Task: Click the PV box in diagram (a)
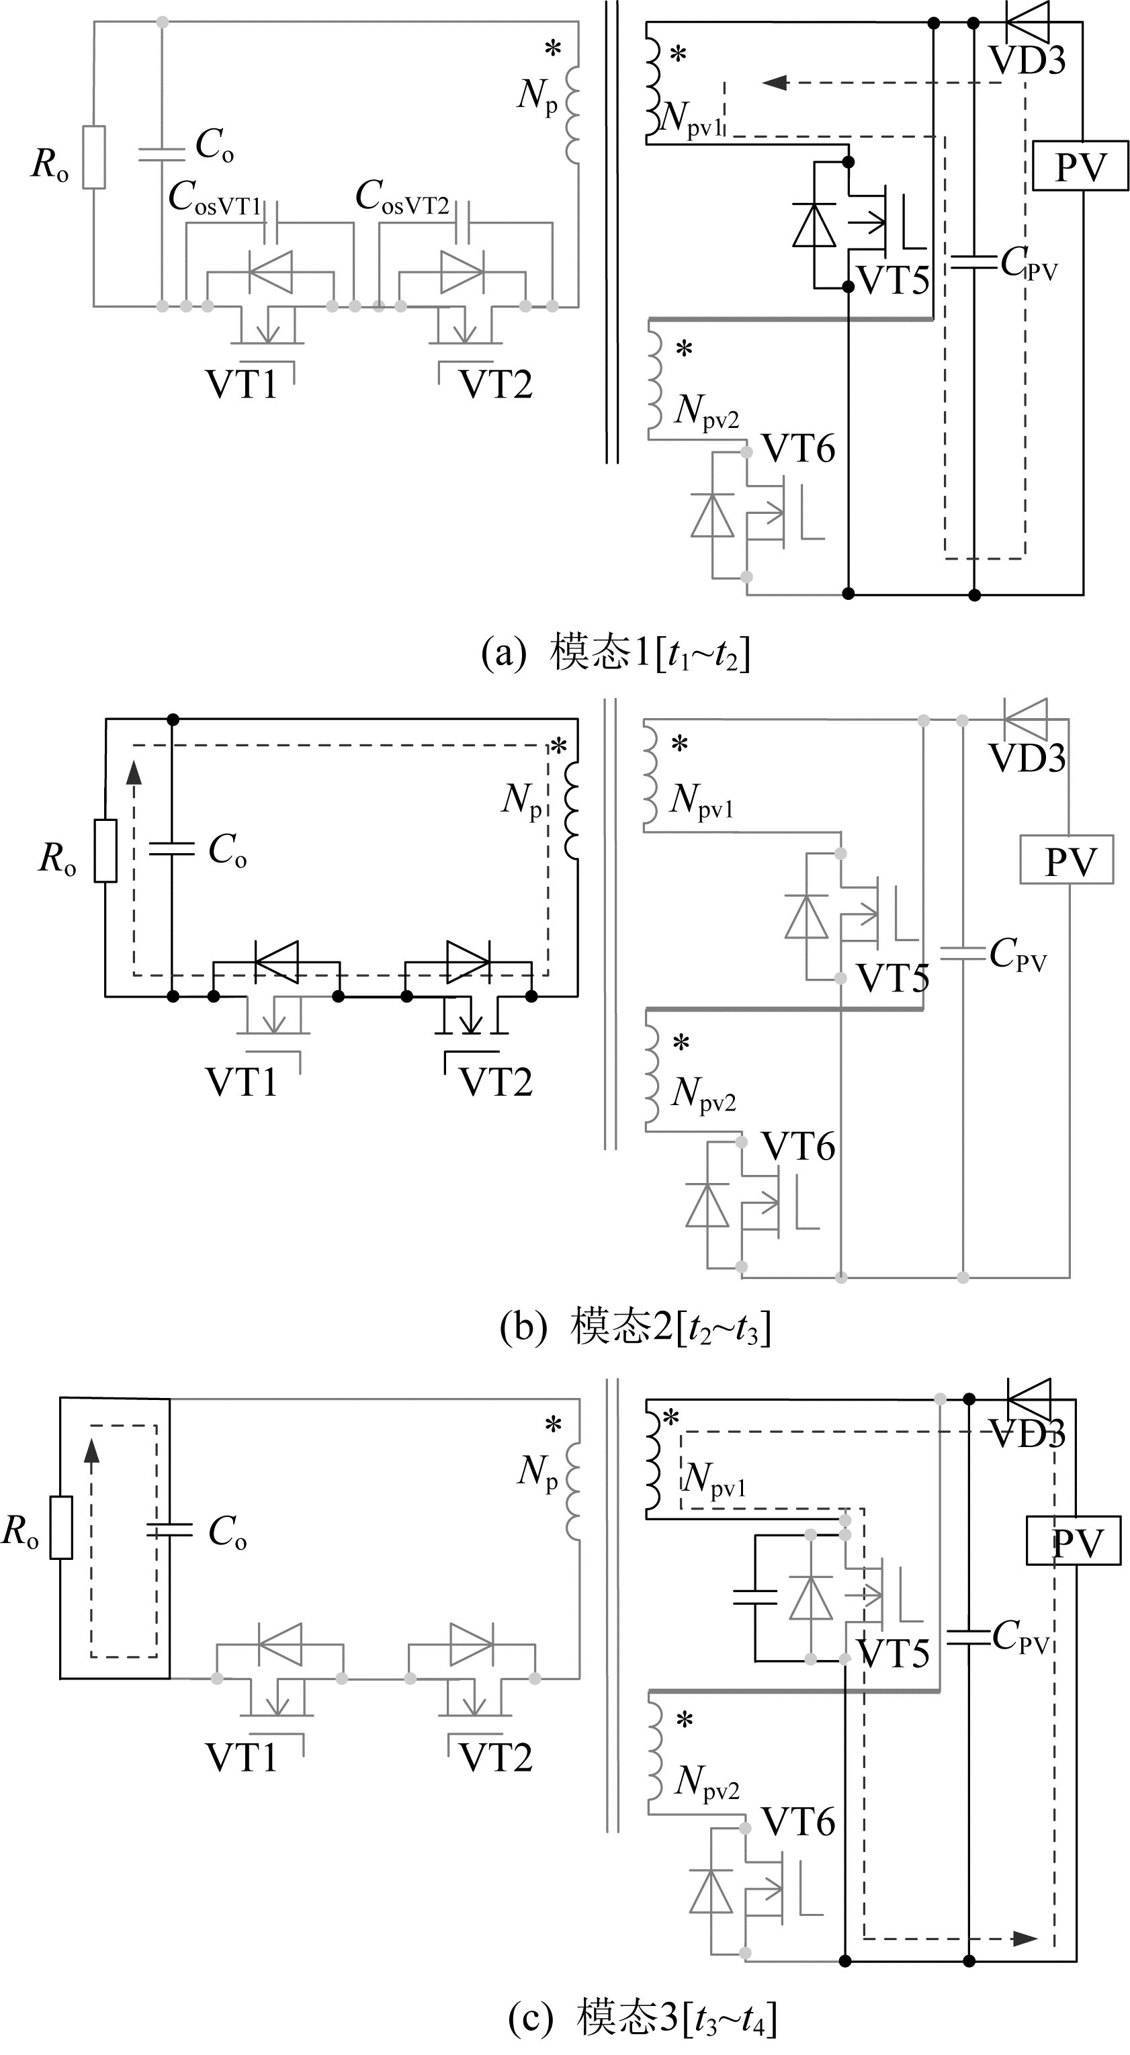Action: (x=1080, y=166)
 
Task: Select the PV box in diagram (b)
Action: (x=1067, y=860)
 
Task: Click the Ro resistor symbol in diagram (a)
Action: (x=94, y=157)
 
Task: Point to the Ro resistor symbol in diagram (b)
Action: (x=105, y=850)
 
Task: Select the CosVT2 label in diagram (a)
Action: (x=403, y=197)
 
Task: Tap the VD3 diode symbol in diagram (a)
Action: (x=1027, y=21)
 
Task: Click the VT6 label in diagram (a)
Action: (x=799, y=449)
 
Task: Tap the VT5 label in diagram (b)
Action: (x=893, y=978)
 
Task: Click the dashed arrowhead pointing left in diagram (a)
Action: (x=774, y=82)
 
